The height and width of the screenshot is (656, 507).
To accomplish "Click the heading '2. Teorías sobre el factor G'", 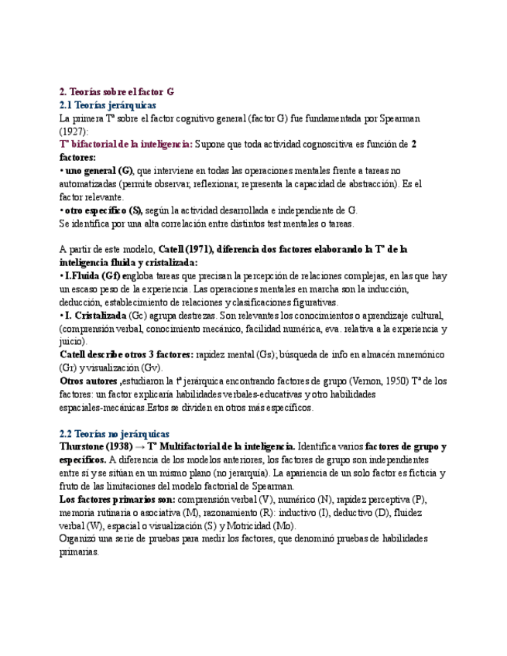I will coord(117,91).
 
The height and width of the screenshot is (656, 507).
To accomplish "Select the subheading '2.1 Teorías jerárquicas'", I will coord(108,104).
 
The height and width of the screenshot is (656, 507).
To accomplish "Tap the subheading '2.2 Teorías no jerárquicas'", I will coord(115,434).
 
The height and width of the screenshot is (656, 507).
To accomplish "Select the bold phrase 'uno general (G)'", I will coord(98,170).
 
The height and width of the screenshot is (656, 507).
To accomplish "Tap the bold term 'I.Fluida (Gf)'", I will coord(91,275).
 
